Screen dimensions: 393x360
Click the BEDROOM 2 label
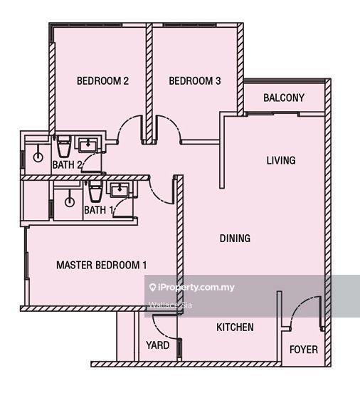click(x=102, y=81)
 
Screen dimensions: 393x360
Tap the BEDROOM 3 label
click(x=194, y=81)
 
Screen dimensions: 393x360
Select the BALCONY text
click(x=284, y=98)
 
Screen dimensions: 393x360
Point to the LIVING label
click(x=281, y=160)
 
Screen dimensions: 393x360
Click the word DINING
click(x=235, y=239)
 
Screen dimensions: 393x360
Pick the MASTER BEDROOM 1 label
click(x=101, y=266)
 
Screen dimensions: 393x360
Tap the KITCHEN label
click(x=235, y=327)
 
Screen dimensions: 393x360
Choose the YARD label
click(x=157, y=345)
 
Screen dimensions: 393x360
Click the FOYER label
click(x=304, y=350)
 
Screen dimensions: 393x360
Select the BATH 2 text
click(x=68, y=165)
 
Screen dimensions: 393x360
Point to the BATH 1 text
click(x=99, y=210)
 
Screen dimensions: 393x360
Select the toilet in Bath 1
click(x=95, y=191)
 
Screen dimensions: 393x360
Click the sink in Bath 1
click(x=118, y=189)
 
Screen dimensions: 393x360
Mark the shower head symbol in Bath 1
click(x=69, y=201)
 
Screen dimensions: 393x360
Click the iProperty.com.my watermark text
click(x=191, y=288)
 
